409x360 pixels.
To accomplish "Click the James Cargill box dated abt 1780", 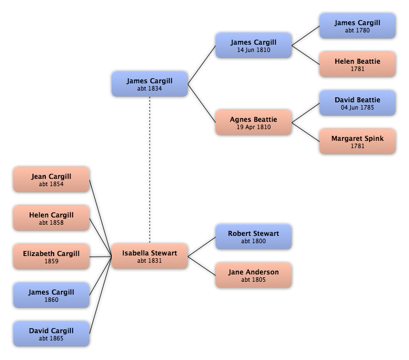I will (x=357, y=26).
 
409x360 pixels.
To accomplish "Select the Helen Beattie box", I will (x=357, y=65).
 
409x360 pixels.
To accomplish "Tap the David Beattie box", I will (x=357, y=103).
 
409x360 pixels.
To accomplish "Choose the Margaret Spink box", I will (x=357, y=142).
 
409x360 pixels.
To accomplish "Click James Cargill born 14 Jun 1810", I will (x=253, y=46).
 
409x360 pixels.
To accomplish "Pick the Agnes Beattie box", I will (x=253, y=123).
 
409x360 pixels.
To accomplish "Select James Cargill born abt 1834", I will (x=149, y=84).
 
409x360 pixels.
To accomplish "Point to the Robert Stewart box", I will (x=253, y=237).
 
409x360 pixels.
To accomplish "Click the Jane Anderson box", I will (x=253, y=276).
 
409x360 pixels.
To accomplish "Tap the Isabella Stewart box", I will (x=149, y=257).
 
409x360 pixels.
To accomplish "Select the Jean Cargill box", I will (x=51, y=180).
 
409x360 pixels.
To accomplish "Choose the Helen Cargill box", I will (x=51, y=219).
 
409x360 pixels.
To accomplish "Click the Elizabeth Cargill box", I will (x=51, y=257).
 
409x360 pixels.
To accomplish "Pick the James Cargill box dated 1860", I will (x=51, y=296).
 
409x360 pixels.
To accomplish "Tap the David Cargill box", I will (x=51, y=334).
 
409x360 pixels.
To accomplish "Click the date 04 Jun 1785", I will (x=357, y=108).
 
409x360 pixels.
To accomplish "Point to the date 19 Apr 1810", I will (x=253, y=127).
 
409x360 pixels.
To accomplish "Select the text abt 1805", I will (x=253, y=280).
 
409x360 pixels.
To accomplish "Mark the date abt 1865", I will (x=51, y=339).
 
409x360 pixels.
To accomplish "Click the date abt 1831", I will (x=149, y=261).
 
